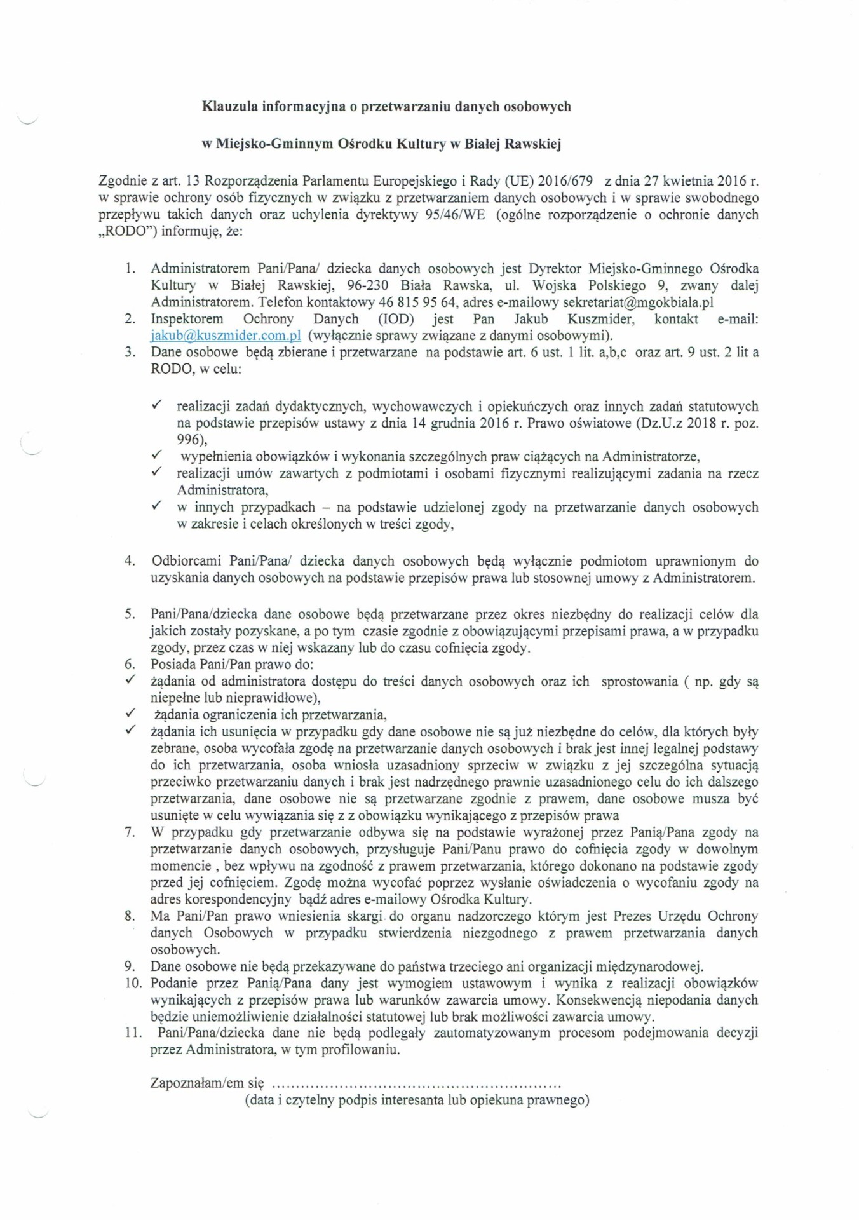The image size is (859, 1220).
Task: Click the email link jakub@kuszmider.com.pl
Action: [226, 335]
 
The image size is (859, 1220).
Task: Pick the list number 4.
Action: [130, 561]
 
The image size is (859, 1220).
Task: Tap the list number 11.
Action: [132, 1033]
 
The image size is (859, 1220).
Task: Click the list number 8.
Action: [130, 916]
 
